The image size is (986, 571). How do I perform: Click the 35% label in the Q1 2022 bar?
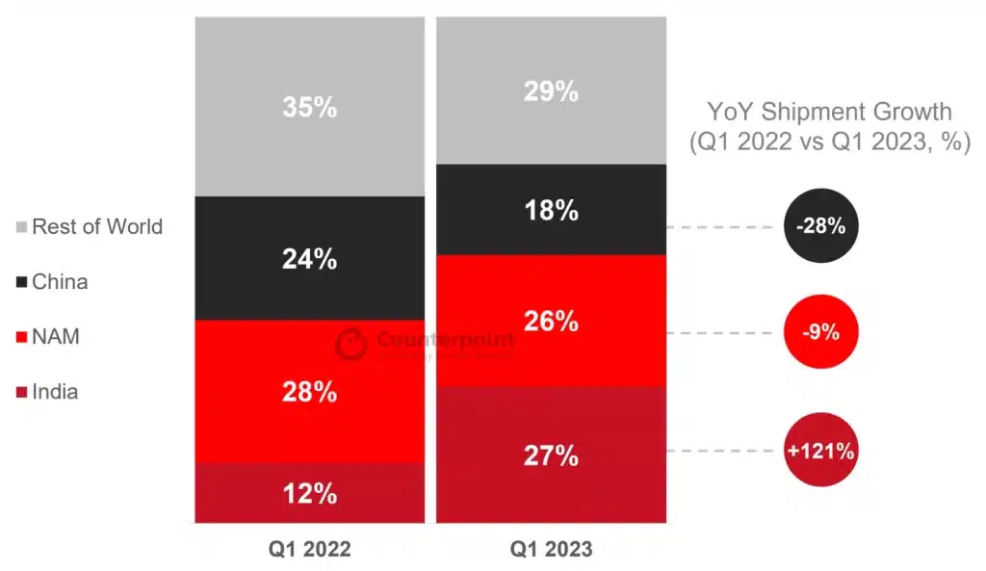click(x=309, y=107)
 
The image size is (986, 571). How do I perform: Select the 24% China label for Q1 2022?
click(x=309, y=258)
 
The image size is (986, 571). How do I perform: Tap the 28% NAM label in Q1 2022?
click(x=309, y=392)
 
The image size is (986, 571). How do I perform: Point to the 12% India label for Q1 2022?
click(x=309, y=493)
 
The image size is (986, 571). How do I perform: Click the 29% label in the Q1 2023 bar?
click(x=551, y=91)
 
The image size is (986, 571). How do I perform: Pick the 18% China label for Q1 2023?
click(x=551, y=210)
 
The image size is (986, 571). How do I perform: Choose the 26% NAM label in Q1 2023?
click(x=551, y=321)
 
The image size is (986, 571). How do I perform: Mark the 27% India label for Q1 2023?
click(x=551, y=455)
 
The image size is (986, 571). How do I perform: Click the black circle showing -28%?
click(x=820, y=227)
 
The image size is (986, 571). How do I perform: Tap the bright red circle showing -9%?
click(x=820, y=333)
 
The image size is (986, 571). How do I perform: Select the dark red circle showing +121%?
click(x=820, y=450)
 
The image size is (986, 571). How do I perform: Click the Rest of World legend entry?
click(x=97, y=227)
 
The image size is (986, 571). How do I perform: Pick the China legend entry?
click(x=60, y=282)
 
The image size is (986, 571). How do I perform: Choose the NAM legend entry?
click(x=56, y=337)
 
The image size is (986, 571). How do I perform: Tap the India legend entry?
click(x=55, y=392)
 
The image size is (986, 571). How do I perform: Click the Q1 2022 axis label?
click(x=309, y=550)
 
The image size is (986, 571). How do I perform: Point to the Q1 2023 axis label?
click(x=551, y=550)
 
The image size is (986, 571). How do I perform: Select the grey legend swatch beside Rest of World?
click(x=21, y=228)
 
